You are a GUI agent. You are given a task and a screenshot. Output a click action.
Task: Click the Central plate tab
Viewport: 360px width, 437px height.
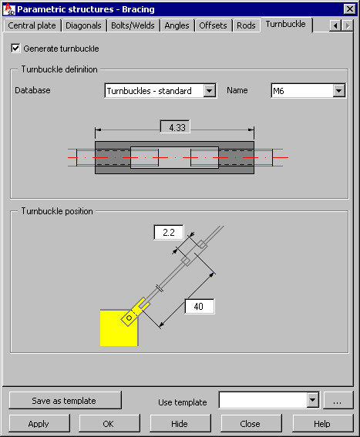point(32,25)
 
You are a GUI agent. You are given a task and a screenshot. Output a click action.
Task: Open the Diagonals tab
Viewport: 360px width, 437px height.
point(84,25)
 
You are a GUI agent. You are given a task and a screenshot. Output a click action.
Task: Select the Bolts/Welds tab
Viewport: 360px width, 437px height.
point(133,25)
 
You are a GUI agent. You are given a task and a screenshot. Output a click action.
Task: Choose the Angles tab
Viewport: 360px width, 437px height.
point(177,25)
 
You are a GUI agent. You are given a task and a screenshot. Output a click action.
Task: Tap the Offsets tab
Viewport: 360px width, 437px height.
point(213,25)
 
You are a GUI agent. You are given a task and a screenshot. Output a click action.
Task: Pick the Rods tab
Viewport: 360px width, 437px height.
point(246,25)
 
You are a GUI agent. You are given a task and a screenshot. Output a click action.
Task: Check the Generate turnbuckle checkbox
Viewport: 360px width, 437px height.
point(15,49)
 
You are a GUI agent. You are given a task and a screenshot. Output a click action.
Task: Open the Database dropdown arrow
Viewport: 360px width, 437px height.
point(210,91)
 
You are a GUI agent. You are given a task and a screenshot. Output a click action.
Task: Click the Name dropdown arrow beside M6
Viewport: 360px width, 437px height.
point(339,91)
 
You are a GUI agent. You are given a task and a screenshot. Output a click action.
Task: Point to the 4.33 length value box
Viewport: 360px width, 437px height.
point(175,127)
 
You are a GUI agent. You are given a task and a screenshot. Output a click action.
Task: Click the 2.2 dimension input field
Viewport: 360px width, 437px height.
point(169,232)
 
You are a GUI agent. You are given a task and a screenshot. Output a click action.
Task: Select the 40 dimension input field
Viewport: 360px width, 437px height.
point(200,307)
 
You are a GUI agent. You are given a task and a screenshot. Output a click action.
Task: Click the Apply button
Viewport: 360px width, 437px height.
point(39,423)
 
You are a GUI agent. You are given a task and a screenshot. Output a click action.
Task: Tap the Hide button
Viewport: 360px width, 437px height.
point(180,423)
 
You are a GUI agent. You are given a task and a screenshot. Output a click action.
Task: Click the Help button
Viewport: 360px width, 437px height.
point(322,423)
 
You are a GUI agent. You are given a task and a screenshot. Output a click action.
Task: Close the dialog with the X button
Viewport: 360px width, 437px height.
point(350,9)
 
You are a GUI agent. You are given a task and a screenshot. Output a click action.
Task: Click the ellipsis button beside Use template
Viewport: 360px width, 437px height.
point(338,401)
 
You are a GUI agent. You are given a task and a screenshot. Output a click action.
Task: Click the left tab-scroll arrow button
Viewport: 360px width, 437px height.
point(335,25)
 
